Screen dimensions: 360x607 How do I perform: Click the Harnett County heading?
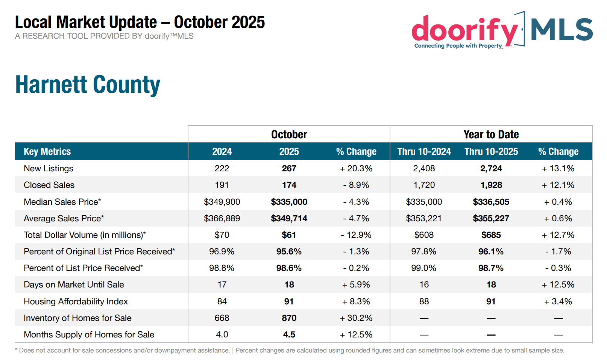[x=88, y=85]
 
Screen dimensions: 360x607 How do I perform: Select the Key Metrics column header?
[x=47, y=151]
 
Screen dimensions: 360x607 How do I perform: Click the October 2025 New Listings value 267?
[x=289, y=168]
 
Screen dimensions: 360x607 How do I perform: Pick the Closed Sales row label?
[x=49, y=185]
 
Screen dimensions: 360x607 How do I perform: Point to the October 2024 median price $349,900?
[x=222, y=202]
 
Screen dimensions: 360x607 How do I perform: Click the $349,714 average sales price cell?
[x=289, y=218]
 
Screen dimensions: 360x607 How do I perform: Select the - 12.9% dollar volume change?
[x=356, y=235]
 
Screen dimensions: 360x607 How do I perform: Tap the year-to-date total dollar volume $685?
[x=491, y=235]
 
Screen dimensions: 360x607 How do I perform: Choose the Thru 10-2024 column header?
[x=424, y=151]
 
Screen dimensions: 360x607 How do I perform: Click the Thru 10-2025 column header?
[x=491, y=151]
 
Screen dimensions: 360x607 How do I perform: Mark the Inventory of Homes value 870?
[x=289, y=318]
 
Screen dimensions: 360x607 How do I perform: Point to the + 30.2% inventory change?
[x=356, y=318]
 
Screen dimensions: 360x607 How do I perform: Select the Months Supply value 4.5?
[x=289, y=334]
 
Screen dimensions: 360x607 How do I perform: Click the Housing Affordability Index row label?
[x=76, y=301]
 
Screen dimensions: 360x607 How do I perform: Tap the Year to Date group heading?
[x=491, y=135]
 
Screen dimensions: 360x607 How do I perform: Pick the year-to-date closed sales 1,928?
[x=491, y=185]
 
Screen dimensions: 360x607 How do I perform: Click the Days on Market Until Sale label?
[x=74, y=284]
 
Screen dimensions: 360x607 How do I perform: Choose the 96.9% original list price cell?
[x=222, y=251]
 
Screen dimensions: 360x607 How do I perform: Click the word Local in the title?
[x=33, y=22]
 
